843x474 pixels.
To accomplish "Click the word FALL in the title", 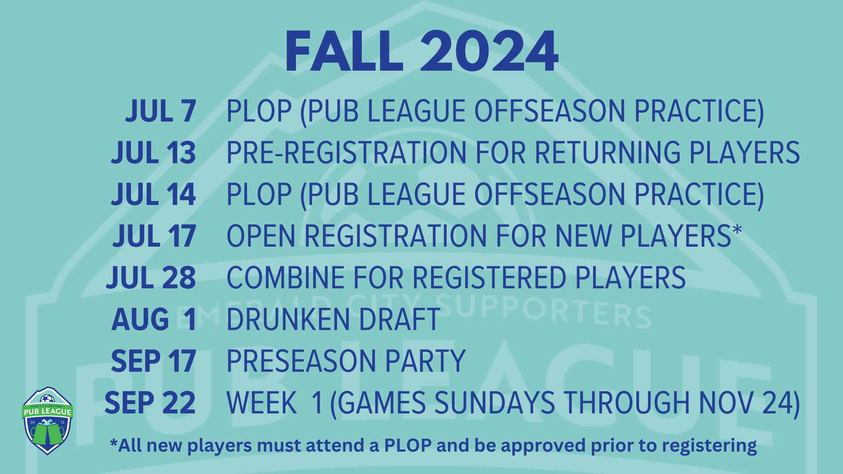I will coord(344,52).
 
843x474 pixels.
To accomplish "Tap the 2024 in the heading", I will coord(489,52).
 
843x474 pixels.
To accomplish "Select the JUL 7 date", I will coord(161,111).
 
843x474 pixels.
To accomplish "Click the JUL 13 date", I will coord(154,153).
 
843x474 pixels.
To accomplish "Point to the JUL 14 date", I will coord(154,194).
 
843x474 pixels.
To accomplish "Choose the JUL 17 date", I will coord(155,236).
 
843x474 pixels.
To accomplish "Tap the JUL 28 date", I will coord(151,278).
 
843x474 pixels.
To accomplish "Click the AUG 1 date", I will coord(154,320).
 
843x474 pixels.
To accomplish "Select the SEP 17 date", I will coord(154,361).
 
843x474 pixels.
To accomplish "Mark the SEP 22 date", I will coord(150,403).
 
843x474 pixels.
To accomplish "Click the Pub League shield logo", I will coord(47,420).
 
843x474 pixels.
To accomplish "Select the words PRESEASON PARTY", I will coord(346,361).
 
